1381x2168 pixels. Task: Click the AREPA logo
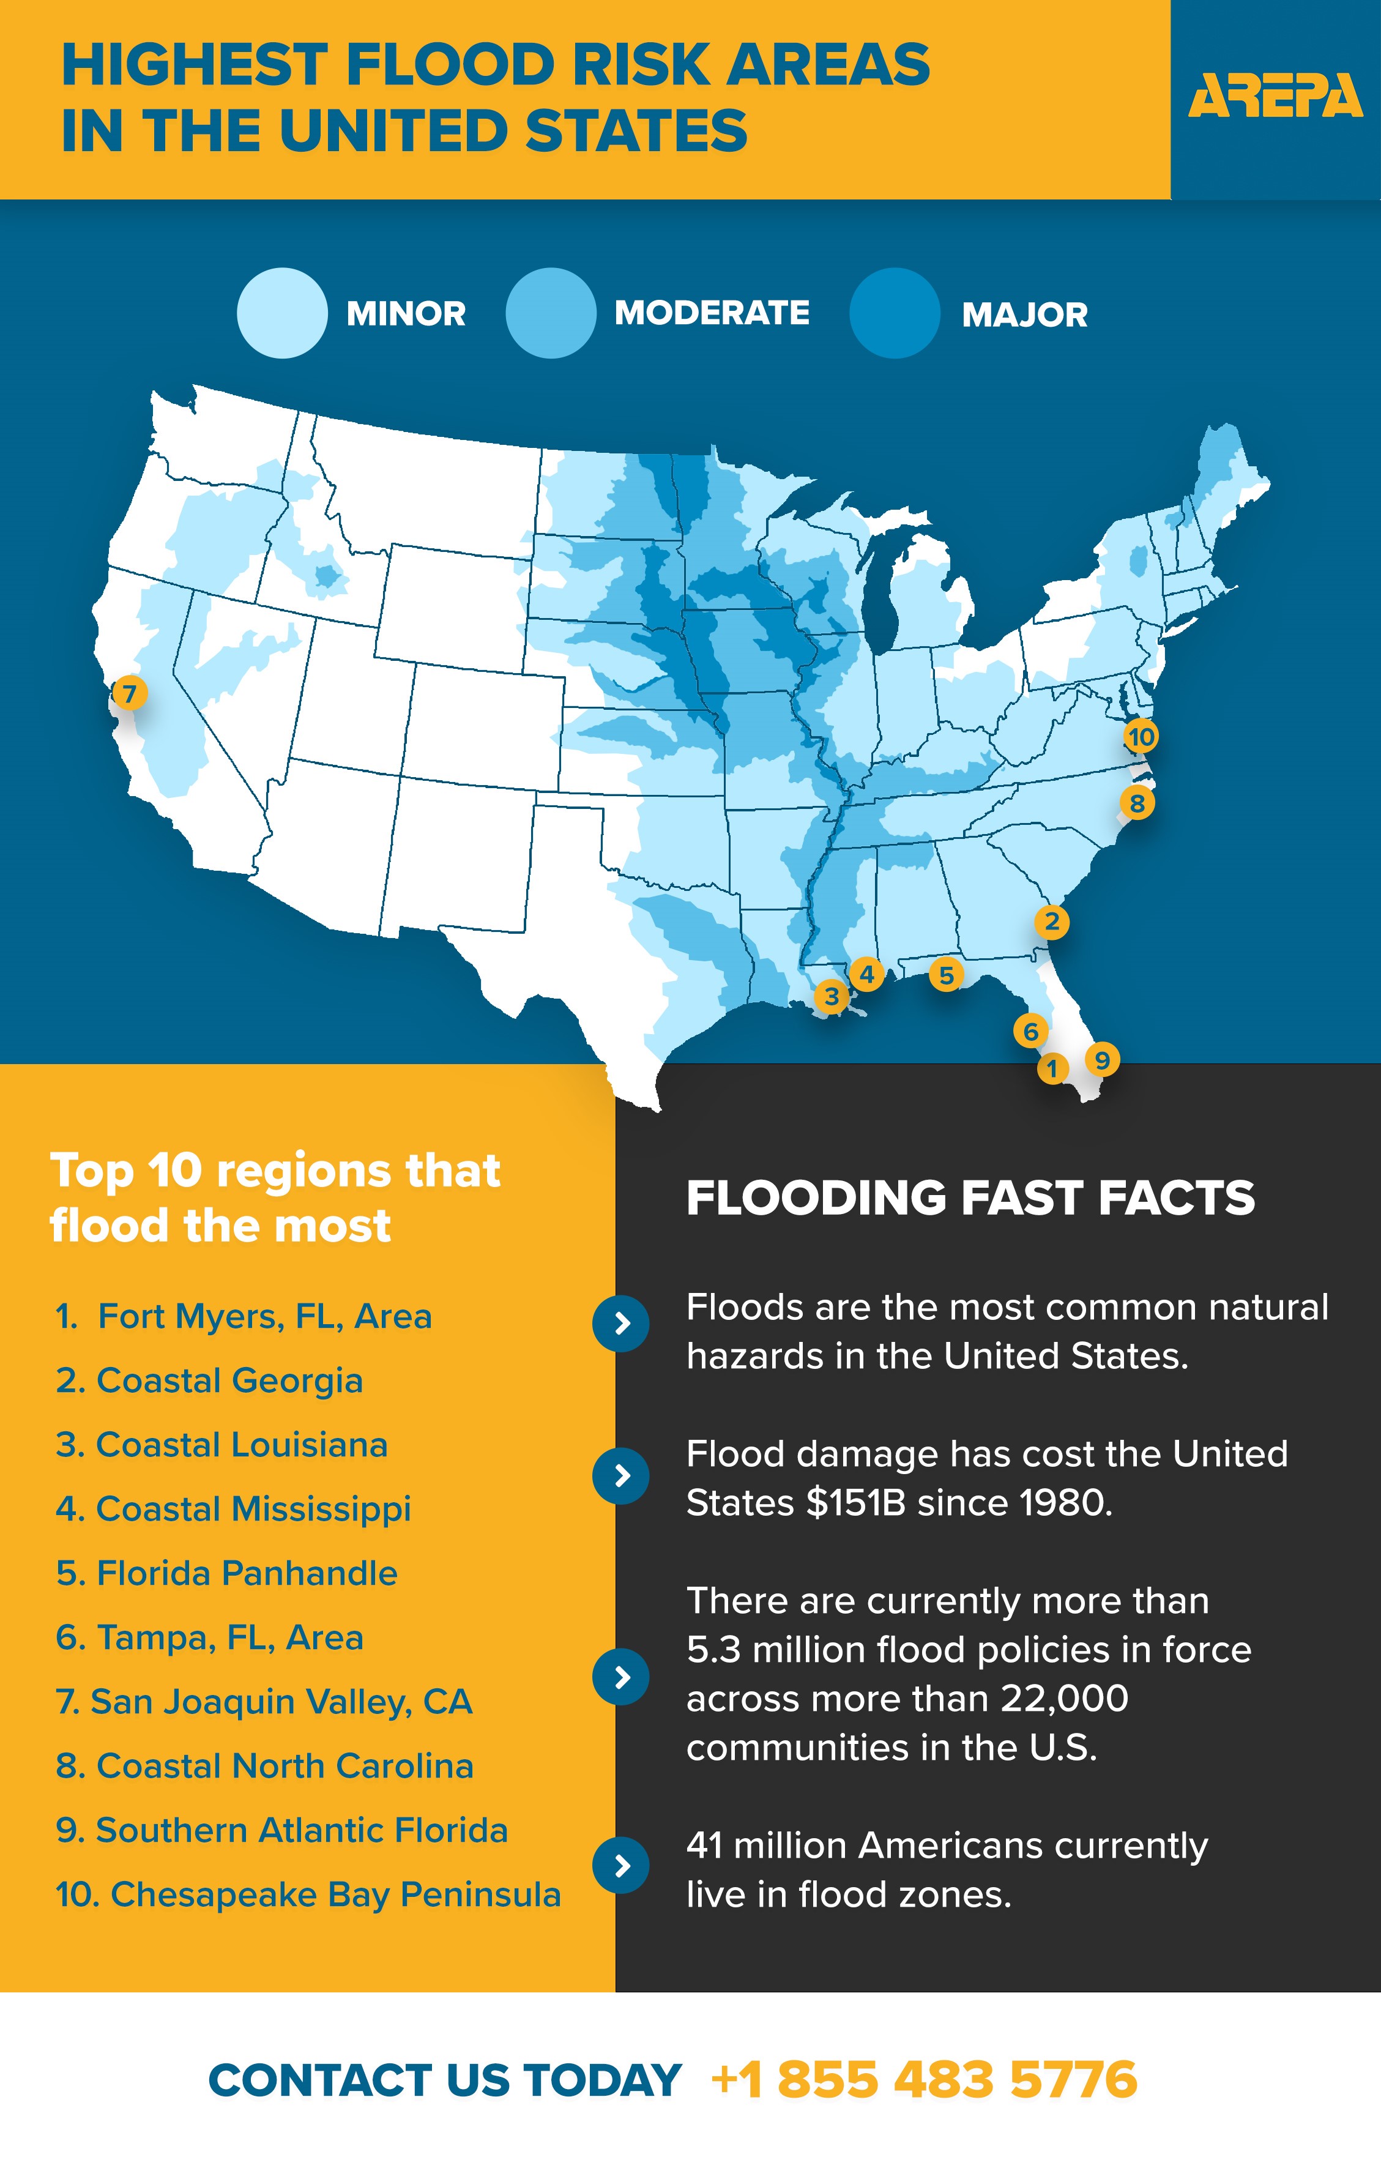pos(1275,96)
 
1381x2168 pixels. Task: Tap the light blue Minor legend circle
pos(282,313)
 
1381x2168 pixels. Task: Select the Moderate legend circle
pos(550,313)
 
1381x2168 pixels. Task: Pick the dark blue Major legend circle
pos(894,313)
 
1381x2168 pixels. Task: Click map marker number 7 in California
pos(130,693)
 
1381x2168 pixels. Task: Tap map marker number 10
pos(1141,737)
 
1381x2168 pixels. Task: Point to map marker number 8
pos(1137,802)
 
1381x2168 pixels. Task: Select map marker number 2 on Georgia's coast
pos(1051,922)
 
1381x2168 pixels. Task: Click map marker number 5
pos(946,974)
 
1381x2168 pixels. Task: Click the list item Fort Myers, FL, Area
pos(243,1316)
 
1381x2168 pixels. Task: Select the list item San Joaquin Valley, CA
pos(264,1702)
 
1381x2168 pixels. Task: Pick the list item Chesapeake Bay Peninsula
pos(308,1894)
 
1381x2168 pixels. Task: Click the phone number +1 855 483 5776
pos(925,2080)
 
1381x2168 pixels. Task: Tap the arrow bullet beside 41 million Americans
pos(620,1866)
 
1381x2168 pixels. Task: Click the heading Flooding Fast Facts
pos(970,1198)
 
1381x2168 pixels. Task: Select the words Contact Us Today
pos(445,2080)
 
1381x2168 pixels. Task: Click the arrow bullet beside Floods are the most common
pos(620,1324)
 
